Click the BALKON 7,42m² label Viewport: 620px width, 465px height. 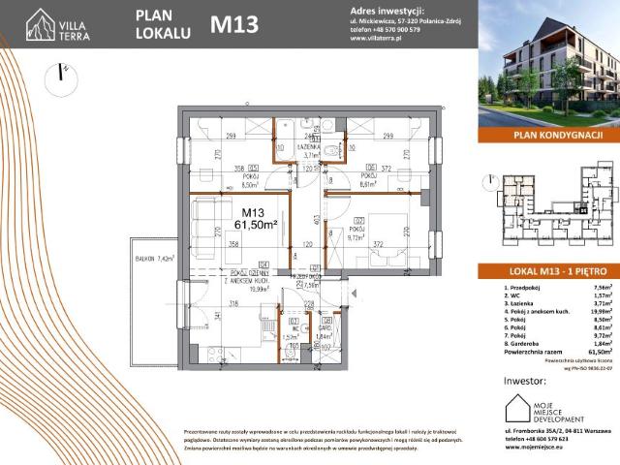[152, 260]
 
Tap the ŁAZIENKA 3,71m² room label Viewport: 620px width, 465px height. [311, 150]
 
